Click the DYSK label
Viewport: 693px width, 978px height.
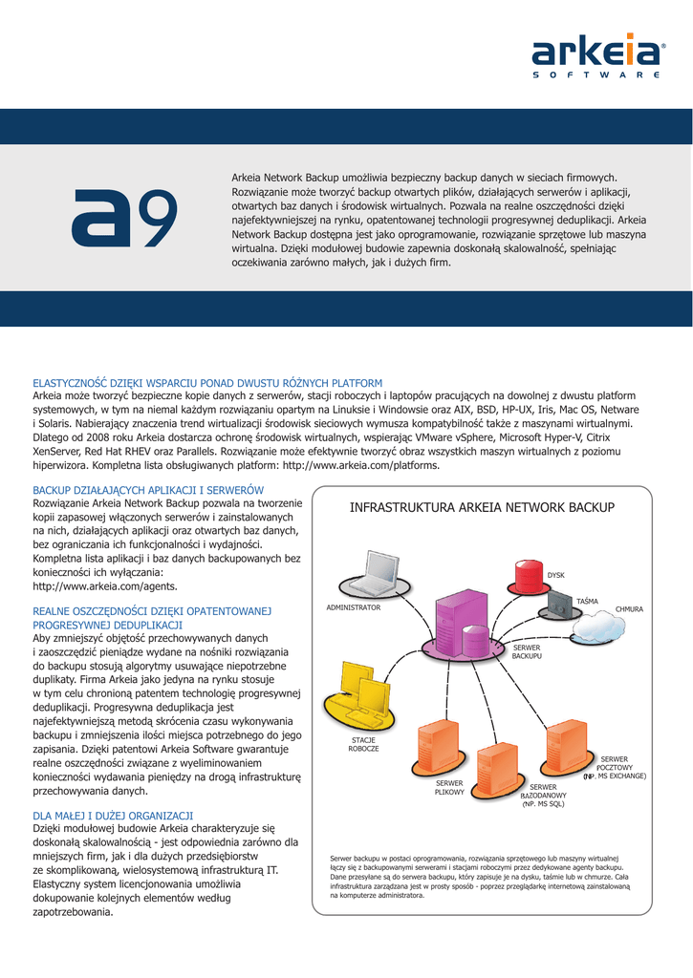point(555,575)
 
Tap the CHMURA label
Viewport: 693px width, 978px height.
point(629,608)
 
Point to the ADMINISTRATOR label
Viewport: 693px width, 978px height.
point(353,607)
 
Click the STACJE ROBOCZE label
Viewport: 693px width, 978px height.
point(363,744)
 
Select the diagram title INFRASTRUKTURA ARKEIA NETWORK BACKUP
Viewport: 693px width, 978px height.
point(482,507)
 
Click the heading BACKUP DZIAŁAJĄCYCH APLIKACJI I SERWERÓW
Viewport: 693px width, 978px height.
point(148,489)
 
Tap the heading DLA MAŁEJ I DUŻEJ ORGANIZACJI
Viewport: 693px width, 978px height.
point(113,815)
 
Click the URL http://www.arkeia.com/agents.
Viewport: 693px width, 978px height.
point(105,585)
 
